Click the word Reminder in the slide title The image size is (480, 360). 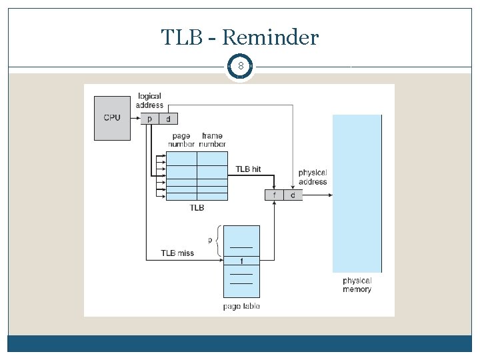(x=270, y=37)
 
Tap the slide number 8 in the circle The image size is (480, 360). (x=240, y=67)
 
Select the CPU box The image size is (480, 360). (x=112, y=118)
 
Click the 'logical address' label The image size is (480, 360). (x=149, y=101)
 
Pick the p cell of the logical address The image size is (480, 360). (x=149, y=119)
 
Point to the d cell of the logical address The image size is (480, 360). (x=168, y=119)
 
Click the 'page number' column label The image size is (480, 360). (x=181, y=140)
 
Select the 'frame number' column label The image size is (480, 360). (x=212, y=140)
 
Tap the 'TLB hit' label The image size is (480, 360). (x=248, y=169)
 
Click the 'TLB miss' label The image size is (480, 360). (x=177, y=253)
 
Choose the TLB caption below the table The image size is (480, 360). (x=197, y=208)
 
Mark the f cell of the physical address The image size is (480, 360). (x=274, y=195)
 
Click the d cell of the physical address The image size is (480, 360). (x=293, y=195)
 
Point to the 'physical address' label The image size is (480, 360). (x=313, y=177)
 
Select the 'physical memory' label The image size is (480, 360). (x=357, y=285)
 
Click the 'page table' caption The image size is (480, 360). (x=241, y=307)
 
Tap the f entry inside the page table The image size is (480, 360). (x=241, y=261)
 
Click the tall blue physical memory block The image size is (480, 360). (x=357, y=193)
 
